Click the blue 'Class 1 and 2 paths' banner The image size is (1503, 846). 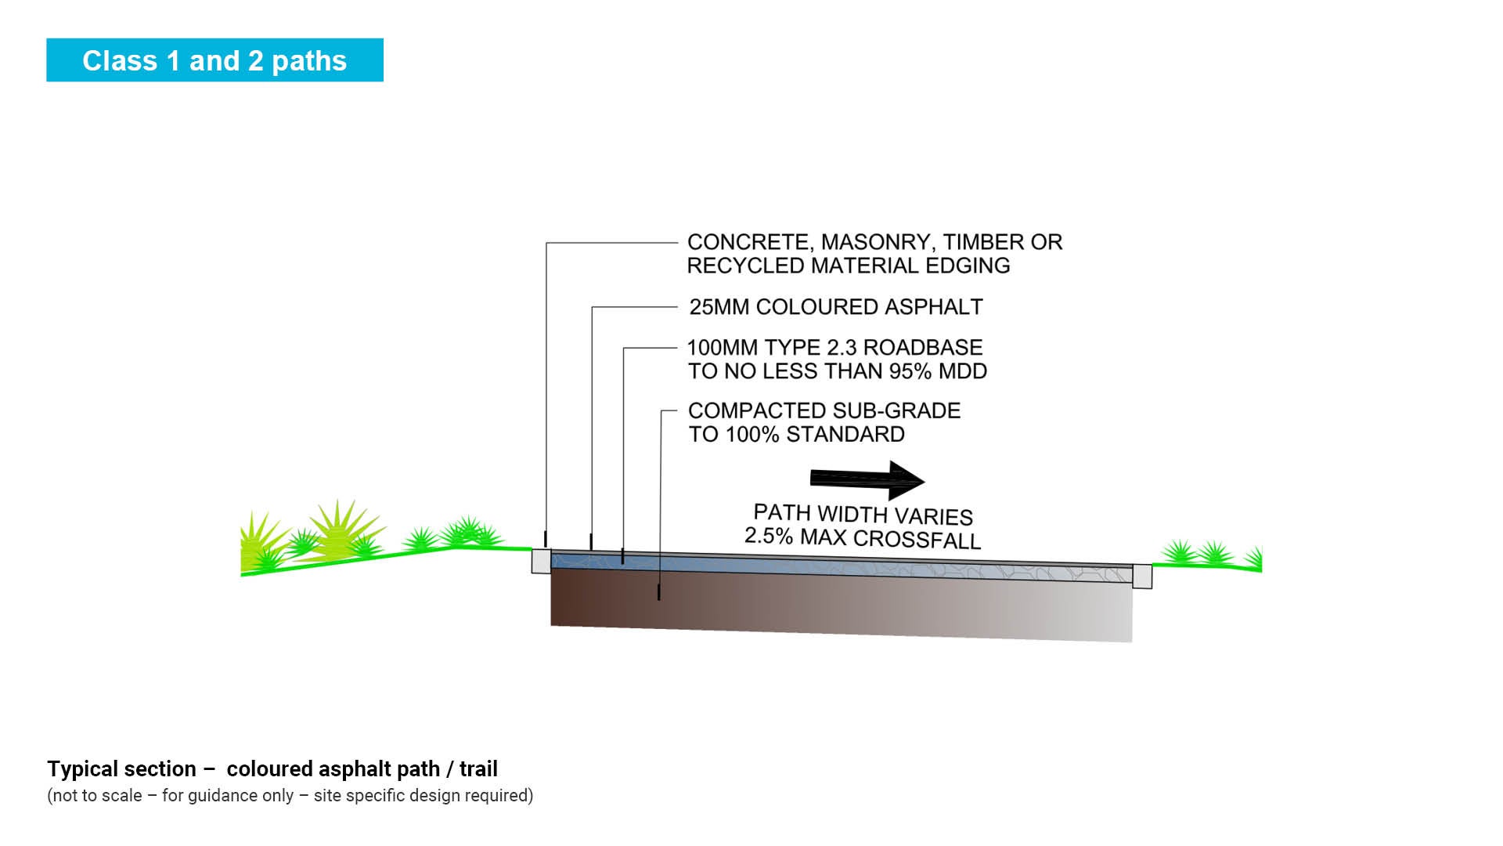(x=214, y=60)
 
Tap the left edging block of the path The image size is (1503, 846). (x=541, y=561)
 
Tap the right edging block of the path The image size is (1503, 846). (x=1142, y=576)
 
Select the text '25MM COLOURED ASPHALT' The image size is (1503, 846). (x=835, y=307)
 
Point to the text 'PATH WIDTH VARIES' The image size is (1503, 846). (x=863, y=515)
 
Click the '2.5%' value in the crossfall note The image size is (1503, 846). (x=769, y=536)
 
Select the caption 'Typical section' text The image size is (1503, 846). (x=121, y=769)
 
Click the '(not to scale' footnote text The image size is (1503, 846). (x=95, y=796)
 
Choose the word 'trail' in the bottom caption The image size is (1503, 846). (x=478, y=769)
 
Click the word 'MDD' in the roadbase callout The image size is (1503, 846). (x=964, y=371)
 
